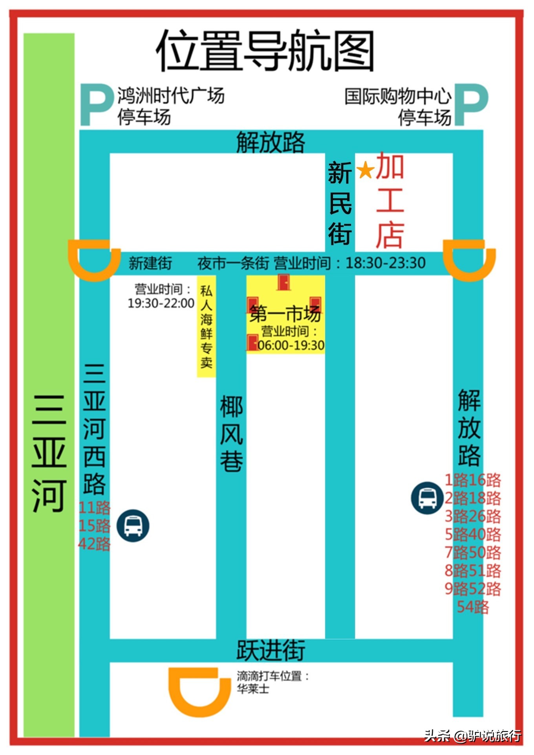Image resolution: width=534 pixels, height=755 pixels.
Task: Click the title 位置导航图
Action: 265,51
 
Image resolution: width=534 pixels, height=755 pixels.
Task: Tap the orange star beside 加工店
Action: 365,170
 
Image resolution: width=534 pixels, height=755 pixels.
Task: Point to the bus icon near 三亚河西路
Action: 133,525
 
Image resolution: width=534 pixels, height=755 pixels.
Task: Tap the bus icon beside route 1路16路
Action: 427,498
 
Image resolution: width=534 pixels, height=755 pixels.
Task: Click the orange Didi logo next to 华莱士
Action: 199,692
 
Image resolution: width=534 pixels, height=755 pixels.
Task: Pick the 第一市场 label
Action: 285,313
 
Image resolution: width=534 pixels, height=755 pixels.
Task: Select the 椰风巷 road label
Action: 231,434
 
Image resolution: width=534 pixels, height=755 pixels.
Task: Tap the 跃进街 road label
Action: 271,650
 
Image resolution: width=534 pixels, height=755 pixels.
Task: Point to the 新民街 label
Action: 340,203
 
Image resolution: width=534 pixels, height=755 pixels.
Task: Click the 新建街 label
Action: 150,263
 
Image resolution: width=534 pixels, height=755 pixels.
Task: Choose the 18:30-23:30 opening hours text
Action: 385,263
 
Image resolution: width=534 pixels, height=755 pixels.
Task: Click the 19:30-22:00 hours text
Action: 161,303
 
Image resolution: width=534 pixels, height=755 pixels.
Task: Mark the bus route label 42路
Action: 94,544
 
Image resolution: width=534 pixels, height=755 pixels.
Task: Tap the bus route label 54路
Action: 473,607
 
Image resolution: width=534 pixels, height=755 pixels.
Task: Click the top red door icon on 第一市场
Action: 283,282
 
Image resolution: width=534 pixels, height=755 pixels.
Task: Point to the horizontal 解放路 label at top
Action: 271,142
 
